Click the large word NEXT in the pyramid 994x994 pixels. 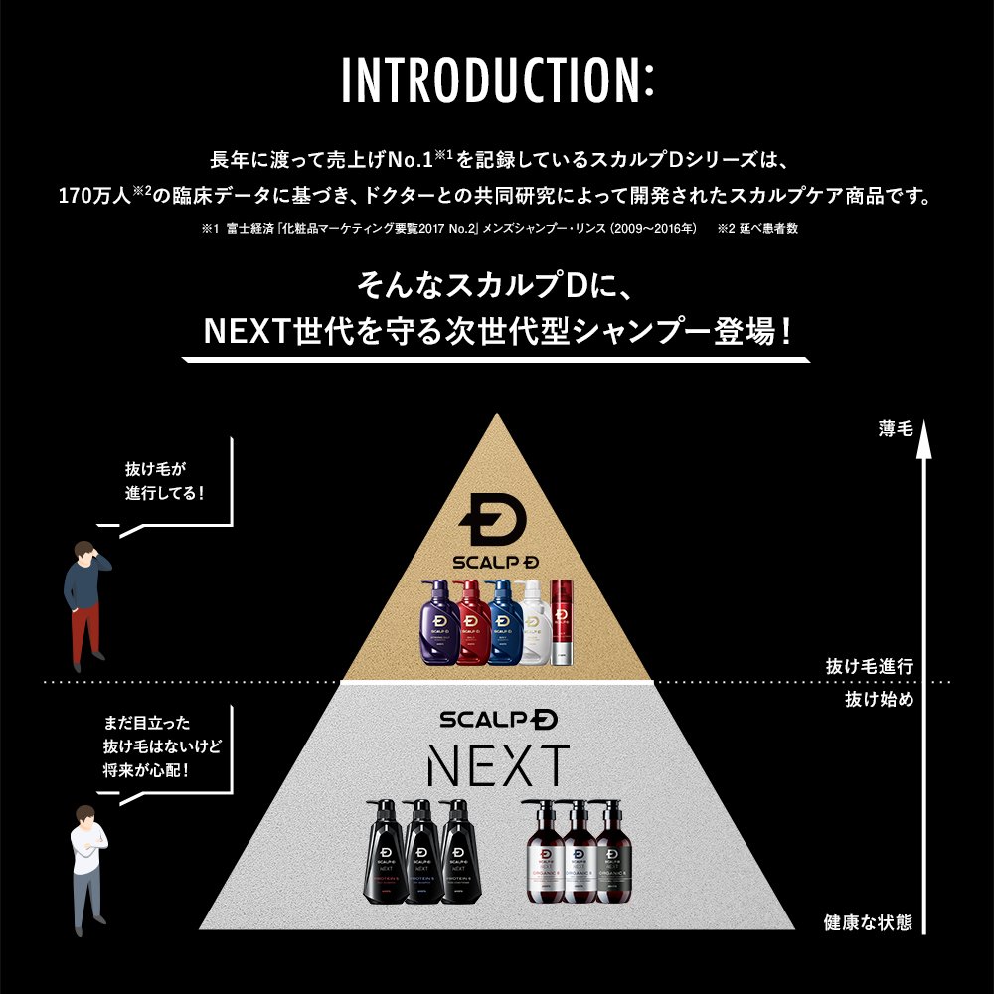coord(497,765)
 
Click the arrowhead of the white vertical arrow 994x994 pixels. coord(924,442)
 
